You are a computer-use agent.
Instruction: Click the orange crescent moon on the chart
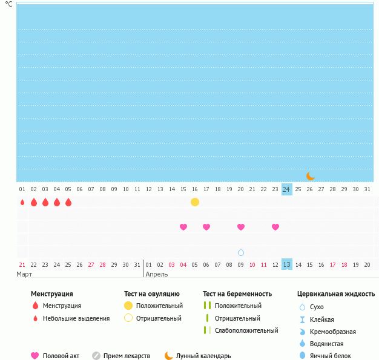pyautogui.click(x=310, y=176)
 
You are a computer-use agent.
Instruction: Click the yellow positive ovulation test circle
pyautogui.click(x=195, y=202)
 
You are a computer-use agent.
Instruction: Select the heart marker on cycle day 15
pyautogui.click(x=183, y=227)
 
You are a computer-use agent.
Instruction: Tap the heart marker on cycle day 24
pyautogui.click(x=275, y=227)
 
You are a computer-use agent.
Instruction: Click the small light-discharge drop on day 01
pyautogui.click(x=22, y=202)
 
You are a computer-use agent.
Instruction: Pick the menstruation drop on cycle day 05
pyautogui.click(x=68, y=202)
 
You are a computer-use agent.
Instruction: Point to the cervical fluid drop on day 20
pyautogui.click(x=241, y=252)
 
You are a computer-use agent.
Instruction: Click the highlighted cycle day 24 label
pyautogui.click(x=287, y=189)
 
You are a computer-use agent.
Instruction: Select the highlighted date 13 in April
pyautogui.click(x=287, y=264)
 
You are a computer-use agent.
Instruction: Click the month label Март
pyautogui.click(x=24, y=274)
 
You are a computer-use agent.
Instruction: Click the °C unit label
pyautogui.click(x=8, y=4)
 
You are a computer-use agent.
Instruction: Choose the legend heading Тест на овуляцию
pyautogui.click(x=152, y=294)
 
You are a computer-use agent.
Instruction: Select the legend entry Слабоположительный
pyautogui.click(x=246, y=330)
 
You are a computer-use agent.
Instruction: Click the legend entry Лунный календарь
pyautogui.click(x=203, y=356)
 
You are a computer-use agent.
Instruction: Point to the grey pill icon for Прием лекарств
pyautogui.click(x=96, y=356)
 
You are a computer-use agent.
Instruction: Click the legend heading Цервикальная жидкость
pyautogui.click(x=336, y=294)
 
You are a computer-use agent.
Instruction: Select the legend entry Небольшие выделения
pyautogui.click(x=76, y=318)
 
